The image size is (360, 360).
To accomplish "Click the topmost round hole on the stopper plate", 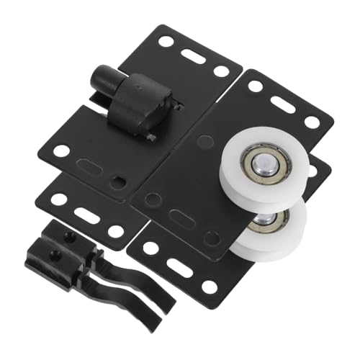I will [166, 42].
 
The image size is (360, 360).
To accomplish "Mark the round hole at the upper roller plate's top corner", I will [255, 86].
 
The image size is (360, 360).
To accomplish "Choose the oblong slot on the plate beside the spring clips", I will [86, 214].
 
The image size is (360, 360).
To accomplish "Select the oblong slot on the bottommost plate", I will [179, 268].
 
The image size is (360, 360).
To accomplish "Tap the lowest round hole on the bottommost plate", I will [209, 287].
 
